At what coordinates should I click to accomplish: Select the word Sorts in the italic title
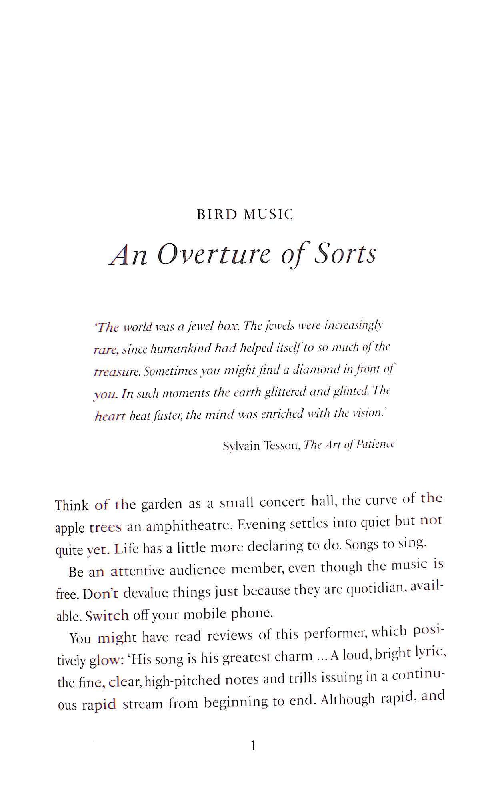click(x=345, y=253)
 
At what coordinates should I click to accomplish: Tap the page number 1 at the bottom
click(x=253, y=746)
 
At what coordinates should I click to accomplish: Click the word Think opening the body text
click(x=72, y=505)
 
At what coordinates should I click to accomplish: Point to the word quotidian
click(x=373, y=589)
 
